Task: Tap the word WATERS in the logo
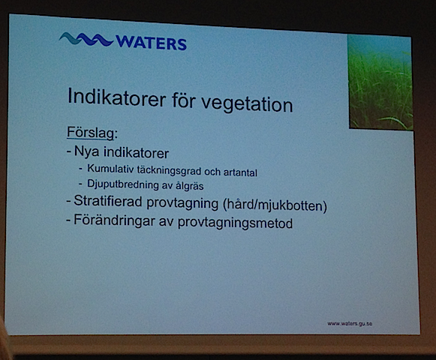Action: pyautogui.click(x=151, y=43)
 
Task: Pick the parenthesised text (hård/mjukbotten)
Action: pyautogui.click(x=280, y=205)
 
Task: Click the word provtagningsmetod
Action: pyautogui.click(x=241, y=223)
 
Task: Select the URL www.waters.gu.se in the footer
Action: pyautogui.click(x=350, y=323)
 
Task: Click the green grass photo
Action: pyautogui.click(x=380, y=82)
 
